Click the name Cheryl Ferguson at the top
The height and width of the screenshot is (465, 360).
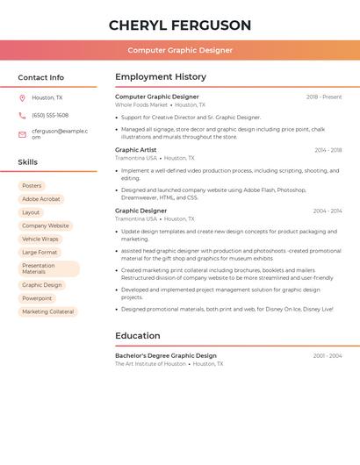180,25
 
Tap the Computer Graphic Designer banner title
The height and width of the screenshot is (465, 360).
180,51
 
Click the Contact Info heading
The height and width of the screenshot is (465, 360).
40,77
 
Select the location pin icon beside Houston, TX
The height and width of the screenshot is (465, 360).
22,97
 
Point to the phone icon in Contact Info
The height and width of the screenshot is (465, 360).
22,115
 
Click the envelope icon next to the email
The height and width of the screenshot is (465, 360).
22,134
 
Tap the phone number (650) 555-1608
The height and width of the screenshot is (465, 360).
50,115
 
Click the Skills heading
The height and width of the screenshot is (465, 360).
28,162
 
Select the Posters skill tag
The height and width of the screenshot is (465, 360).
32,186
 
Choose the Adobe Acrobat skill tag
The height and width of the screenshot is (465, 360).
41,199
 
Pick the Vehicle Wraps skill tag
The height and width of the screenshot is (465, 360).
40,239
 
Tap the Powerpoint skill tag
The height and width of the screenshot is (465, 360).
37,298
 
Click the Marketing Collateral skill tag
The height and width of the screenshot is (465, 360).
48,311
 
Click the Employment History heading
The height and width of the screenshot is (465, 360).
161,76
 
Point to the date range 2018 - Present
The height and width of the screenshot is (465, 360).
324,97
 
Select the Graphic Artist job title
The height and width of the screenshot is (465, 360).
136,150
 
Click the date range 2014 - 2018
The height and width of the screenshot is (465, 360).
328,150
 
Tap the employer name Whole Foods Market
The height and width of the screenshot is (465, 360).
141,104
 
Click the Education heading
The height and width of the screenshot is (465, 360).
138,335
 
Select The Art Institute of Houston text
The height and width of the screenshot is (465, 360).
150,363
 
